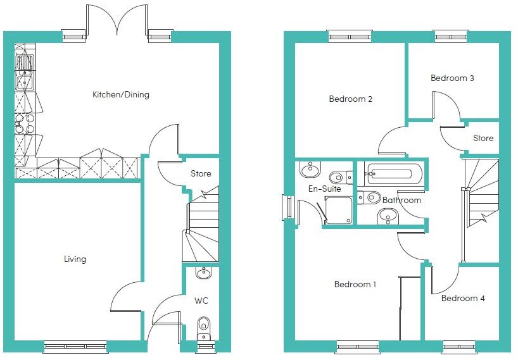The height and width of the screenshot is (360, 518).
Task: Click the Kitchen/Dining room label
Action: coord(121,95)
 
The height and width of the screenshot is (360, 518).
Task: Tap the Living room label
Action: coord(75,259)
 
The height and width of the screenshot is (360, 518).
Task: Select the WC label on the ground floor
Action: coord(202,300)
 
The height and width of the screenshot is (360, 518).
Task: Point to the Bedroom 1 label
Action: coord(355,285)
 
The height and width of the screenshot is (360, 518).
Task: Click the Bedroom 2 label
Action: coord(350,99)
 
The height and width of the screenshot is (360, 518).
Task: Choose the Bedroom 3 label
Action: coord(452,78)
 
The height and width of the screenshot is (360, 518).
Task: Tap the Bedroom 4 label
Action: coord(463,298)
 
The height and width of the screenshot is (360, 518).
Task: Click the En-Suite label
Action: coord(325,189)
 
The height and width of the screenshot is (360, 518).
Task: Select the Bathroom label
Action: coord(401,201)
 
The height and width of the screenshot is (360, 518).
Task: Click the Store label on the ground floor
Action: coord(201,174)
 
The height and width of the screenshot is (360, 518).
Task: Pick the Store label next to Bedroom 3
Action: coord(483,138)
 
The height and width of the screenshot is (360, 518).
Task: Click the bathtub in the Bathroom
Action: coord(393,173)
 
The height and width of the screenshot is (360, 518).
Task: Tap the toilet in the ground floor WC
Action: coord(203,328)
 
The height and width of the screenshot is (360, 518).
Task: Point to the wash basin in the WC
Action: coord(203,273)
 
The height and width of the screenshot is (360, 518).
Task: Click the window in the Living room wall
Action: coord(75,346)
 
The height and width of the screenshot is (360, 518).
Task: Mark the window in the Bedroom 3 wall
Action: coord(451,36)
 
